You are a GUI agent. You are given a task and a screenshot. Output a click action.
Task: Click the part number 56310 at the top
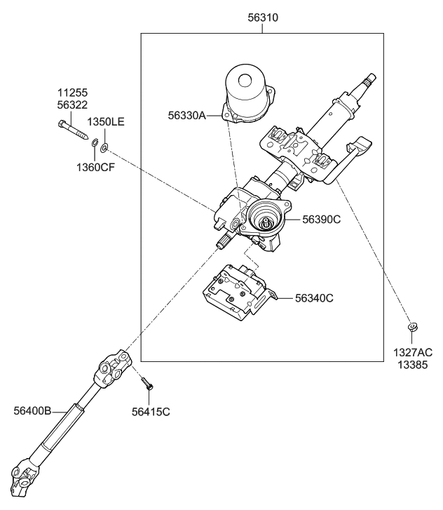[262, 18]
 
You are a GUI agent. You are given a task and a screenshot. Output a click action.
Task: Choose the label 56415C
[151, 411]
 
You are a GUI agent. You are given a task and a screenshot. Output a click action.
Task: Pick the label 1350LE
[106, 121]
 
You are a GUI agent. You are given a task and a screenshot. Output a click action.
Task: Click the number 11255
[73, 93]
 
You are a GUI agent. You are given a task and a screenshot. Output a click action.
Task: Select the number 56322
[73, 104]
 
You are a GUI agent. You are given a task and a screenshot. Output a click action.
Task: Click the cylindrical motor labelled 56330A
[247, 95]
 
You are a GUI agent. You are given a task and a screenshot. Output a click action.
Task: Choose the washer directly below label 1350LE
[104, 148]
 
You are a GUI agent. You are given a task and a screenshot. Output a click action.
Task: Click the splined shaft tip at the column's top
[369, 79]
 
